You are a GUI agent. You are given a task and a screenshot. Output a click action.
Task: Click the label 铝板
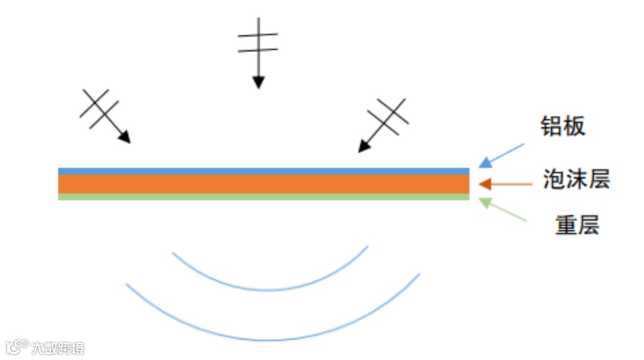coord(562,127)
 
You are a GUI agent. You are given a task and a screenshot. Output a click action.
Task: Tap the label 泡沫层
coord(576,179)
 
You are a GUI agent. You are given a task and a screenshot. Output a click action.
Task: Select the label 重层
coord(577,225)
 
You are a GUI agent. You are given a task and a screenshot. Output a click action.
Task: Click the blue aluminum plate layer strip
coord(264,171)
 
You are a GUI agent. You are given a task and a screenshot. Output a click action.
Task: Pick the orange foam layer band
coord(264,184)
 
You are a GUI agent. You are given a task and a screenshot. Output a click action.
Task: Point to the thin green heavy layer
coord(264,197)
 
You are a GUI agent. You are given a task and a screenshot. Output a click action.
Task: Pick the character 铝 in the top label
coord(551,127)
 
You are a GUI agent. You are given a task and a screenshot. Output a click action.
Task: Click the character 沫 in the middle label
coord(576,179)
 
